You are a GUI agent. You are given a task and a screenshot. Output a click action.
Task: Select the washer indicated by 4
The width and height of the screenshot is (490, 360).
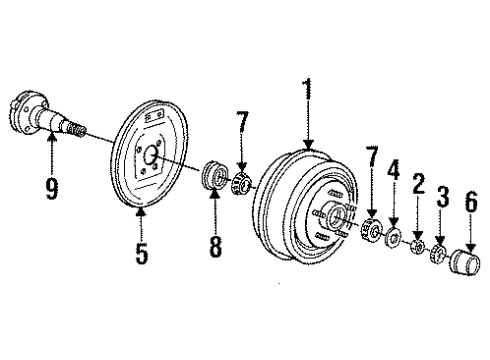click(393, 238)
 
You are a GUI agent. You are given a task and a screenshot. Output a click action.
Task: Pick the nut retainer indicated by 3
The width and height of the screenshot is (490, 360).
click(437, 252)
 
